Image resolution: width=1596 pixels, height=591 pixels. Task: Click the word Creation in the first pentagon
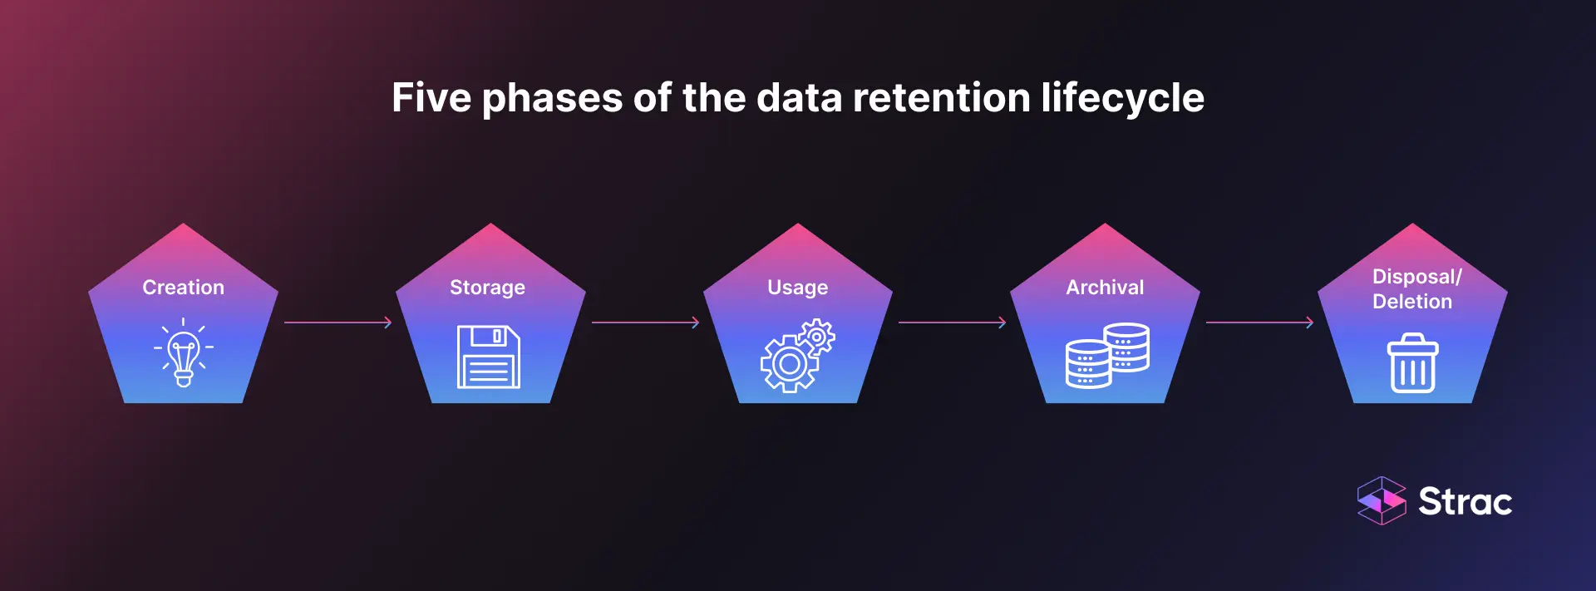[x=183, y=288]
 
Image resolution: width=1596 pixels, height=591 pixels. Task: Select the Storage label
[x=487, y=288]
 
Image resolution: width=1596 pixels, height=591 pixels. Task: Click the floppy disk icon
[x=489, y=357]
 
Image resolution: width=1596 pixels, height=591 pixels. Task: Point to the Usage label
[x=797, y=288]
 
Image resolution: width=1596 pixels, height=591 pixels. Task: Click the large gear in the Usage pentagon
[x=788, y=364]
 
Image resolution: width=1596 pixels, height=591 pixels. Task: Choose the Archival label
[x=1105, y=288]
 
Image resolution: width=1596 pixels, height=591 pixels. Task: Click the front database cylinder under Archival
[x=1088, y=366]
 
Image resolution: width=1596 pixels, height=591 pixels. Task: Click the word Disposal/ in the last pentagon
[x=1416, y=277]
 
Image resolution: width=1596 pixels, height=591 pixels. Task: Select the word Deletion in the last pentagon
[x=1412, y=302]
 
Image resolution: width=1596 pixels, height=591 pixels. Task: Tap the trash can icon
[x=1412, y=363]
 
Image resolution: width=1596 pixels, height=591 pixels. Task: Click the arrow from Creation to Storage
[x=337, y=323]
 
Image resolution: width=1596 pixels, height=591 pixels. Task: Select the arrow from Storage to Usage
[x=645, y=323]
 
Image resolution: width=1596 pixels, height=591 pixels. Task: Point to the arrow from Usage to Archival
[x=952, y=323]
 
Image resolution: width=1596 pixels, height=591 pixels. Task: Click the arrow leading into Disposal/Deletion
[x=1259, y=323]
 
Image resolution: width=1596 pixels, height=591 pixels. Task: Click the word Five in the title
[x=431, y=98]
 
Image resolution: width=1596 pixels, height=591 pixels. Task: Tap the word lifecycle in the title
[x=1122, y=98]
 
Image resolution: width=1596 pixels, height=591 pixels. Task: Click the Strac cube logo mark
[x=1381, y=500]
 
